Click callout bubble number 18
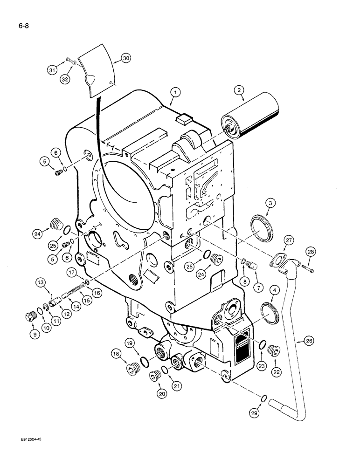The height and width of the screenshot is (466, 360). click(117, 355)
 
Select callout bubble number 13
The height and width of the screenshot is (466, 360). click(41, 282)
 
